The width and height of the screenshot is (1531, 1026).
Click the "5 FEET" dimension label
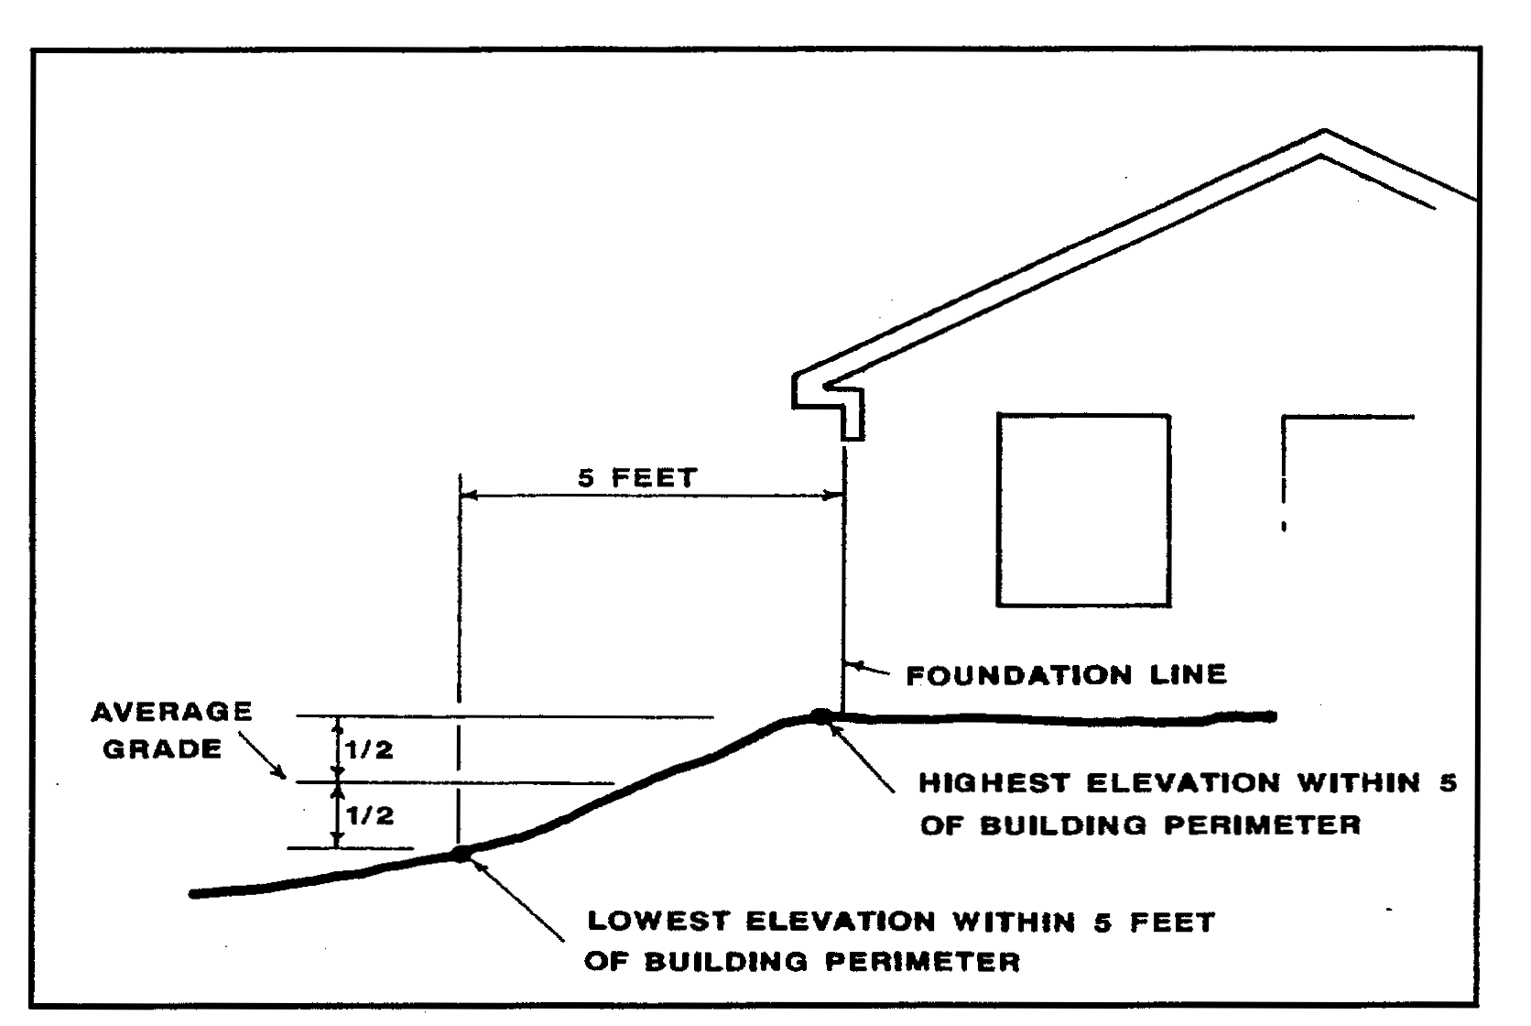point(637,478)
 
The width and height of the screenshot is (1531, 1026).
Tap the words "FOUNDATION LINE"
point(1066,676)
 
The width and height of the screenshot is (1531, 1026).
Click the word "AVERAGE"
point(171,713)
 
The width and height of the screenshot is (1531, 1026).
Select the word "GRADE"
point(162,749)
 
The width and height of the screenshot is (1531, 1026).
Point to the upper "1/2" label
point(369,750)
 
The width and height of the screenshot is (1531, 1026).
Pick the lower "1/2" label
point(370,815)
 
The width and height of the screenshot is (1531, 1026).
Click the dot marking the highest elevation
point(820,715)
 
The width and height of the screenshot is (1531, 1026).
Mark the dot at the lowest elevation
point(461,854)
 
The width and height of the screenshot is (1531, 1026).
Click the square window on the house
point(1083,510)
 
